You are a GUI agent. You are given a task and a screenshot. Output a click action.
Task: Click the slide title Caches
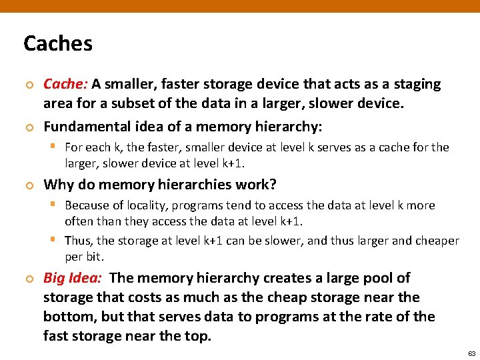[x=58, y=44]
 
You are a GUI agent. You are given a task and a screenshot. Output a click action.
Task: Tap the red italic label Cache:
[x=65, y=84]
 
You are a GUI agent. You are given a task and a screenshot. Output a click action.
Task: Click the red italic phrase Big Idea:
[x=72, y=278]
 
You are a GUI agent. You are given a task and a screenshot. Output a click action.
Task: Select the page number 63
[x=471, y=353]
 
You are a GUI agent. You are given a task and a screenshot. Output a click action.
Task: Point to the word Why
[x=57, y=185]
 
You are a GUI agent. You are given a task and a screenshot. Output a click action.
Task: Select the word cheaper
[x=435, y=241]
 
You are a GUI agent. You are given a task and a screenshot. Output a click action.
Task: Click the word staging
[x=417, y=84]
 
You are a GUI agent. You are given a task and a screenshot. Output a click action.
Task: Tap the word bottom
[x=69, y=317]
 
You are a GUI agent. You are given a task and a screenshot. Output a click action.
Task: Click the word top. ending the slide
[x=197, y=336]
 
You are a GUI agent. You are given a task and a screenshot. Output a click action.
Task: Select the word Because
[x=90, y=205]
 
